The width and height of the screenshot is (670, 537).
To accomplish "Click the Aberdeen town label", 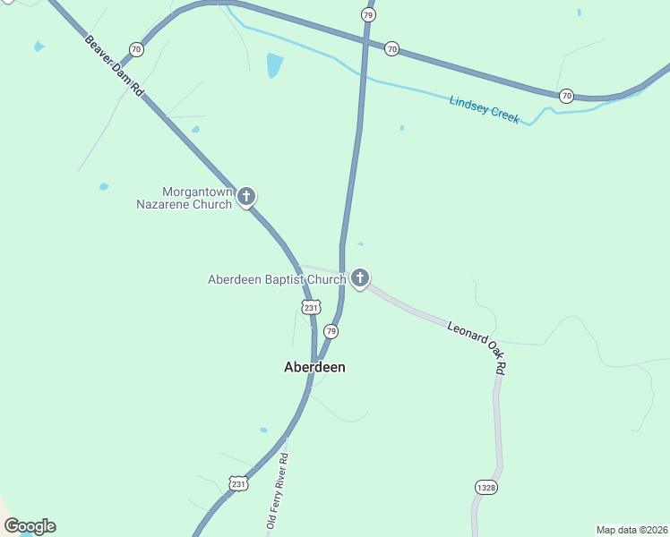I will pyautogui.click(x=314, y=367).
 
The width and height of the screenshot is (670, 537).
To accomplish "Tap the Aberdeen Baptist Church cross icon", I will pyautogui.click(x=360, y=278).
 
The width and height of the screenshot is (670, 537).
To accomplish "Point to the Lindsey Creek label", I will pyautogui.click(x=484, y=110).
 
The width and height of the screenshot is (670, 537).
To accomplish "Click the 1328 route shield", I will pyautogui.click(x=486, y=488).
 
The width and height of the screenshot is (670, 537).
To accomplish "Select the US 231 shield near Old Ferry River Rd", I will pyautogui.click(x=237, y=484).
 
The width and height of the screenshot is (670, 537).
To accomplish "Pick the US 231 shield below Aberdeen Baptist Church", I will pyautogui.click(x=310, y=307).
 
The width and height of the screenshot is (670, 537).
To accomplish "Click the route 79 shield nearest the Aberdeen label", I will pyautogui.click(x=331, y=332).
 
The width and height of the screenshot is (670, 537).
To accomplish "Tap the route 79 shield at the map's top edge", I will pyautogui.click(x=368, y=14).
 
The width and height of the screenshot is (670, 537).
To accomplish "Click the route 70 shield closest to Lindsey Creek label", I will pyautogui.click(x=566, y=95).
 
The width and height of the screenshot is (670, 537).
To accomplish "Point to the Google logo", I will pyautogui.click(x=30, y=526).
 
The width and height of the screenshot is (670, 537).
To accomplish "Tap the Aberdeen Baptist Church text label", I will pyautogui.click(x=277, y=279).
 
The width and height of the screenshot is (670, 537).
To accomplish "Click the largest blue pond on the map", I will pyautogui.click(x=274, y=65).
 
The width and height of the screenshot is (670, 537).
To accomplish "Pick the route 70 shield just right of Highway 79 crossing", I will pyautogui.click(x=391, y=49).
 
